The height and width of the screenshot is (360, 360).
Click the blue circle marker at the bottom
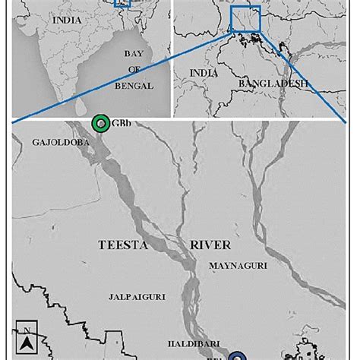click(x=238, y=355)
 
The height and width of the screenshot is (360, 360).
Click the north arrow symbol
click(x=26, y=344)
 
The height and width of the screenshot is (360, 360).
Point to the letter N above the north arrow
click(x=26, y=330)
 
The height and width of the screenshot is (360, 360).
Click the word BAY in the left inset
click(x=138, y=54)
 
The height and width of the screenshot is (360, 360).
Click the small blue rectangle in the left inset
click(x=122, y=2)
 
